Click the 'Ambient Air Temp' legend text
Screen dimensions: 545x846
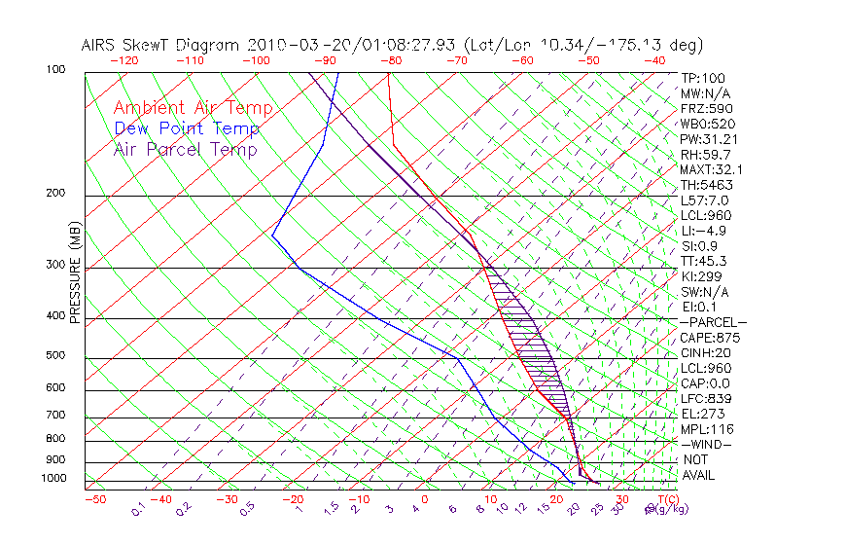[193, 108]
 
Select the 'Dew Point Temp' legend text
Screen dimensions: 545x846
[187, 128]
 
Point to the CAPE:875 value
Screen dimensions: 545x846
[710, 338]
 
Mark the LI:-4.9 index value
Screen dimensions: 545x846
[703, 231]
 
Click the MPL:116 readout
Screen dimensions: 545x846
[707, 429]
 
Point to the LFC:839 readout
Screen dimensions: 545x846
[707, 398]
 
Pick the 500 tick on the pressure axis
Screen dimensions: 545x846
[57, 357]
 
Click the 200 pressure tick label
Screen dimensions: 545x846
[57, 194]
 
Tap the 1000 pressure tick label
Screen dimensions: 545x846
[54, 479]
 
